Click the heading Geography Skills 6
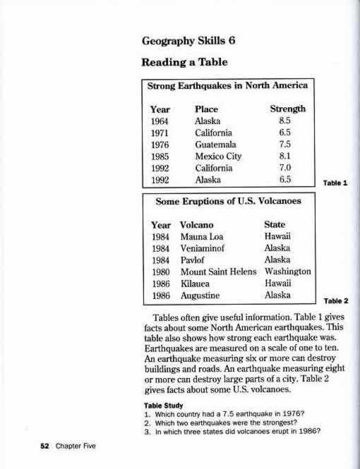pos(189,39)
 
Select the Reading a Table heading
pos(181,63)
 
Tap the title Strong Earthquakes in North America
pos(227,87)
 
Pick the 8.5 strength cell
pos(286,121)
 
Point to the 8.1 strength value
pos(286,157)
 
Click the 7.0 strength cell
pos(286,168)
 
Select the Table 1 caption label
pos(336,183)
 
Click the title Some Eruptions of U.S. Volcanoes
pos(227,201)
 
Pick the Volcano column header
pos(199,224)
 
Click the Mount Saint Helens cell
pos(218,272)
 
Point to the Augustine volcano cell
pos(203,295)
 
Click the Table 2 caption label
pos(336,300)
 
